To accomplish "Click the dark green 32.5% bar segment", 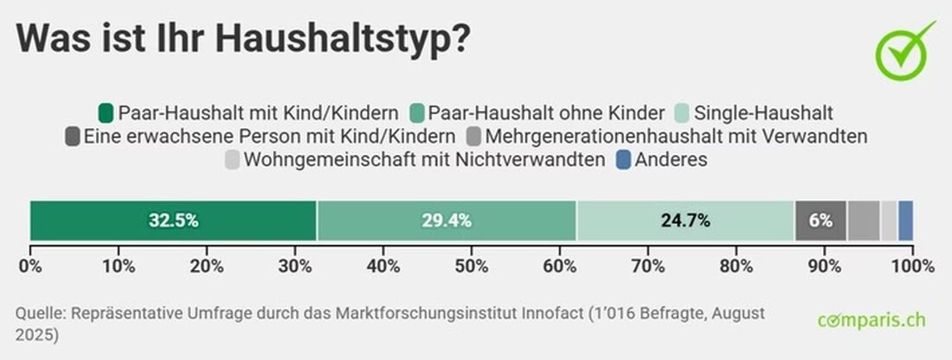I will [173, 220].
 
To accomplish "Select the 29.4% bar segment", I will [447, 220].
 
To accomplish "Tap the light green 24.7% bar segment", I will [685, 220].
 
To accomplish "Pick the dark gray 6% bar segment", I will [820, 220].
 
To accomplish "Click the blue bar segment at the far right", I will [905, 220].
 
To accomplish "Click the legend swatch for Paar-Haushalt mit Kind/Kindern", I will [106, 113].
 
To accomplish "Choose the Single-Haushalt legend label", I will [764, 113].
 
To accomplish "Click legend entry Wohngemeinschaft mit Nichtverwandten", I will [424, 160].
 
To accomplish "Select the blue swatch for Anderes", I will [623, 160].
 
